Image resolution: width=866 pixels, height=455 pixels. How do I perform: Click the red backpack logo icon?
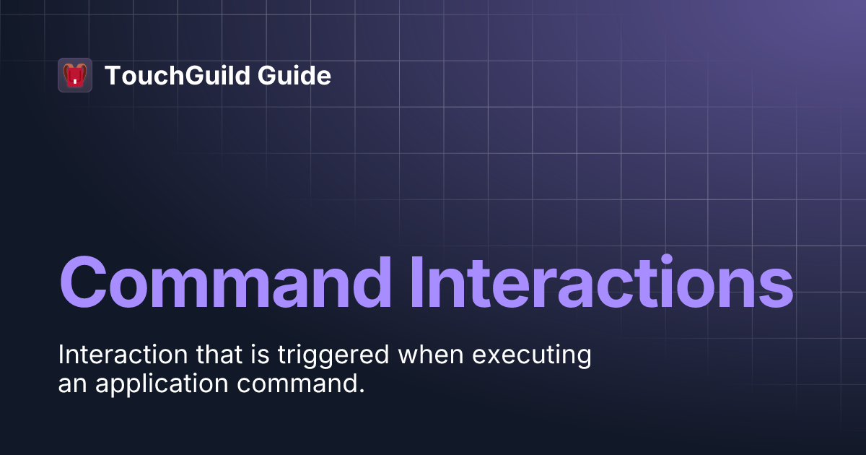click(75, 75)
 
